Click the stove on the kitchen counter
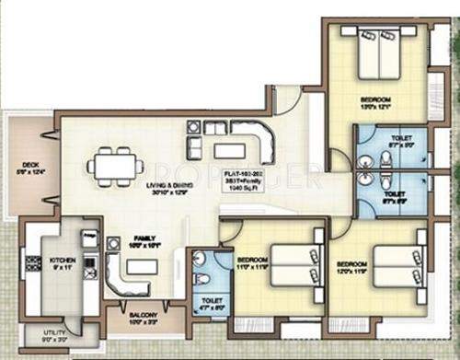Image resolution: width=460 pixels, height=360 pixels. tap(89, 268)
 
